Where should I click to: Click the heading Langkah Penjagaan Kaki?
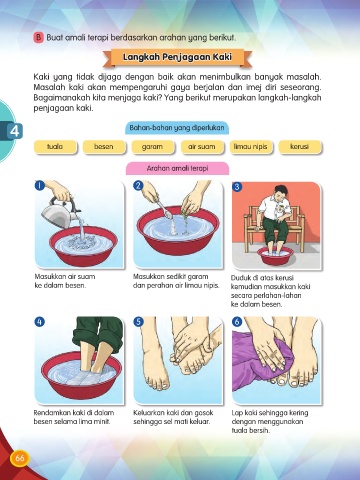pyautogui.click(x=177, y=57)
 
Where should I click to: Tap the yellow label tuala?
pyautogui.click(x=55, y=147)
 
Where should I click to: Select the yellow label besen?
pyautogui.click(x=104, y=147)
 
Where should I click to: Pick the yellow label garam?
pyautogui.click(x=153, y=147)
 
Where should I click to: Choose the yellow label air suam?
pyautogui.click(x=202, y=147)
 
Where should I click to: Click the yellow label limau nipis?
pyautogui.click(x=251, y=147)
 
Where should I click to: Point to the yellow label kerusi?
pyautogui.click(x=300, y=147)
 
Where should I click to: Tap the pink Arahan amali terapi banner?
pyautogui.click(x=177, y=168)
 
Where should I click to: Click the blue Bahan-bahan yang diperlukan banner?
pyautogui.click(x=177, y=128)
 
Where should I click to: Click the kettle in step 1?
pyautogui.click(x=60, y=212)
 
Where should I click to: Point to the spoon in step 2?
pyautogui.click(x=163, y=208)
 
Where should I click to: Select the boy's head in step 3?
pyautogui.click(x=279, y=191)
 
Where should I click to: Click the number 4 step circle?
pyautogui.click(x=39, y=322)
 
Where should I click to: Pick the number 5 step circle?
pyautogui.click(x=138, y=322)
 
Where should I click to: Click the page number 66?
pyautogui.click(x=20, y=458)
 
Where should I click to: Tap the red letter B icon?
pyautogui.click(x=38, y=37)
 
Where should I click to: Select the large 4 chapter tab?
pyautogui.click(x=13, y=131)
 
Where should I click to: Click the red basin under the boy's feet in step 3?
pyautogui.click(x=275, y=256)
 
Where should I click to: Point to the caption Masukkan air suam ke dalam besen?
pyautogui.click(x=65, y=281)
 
